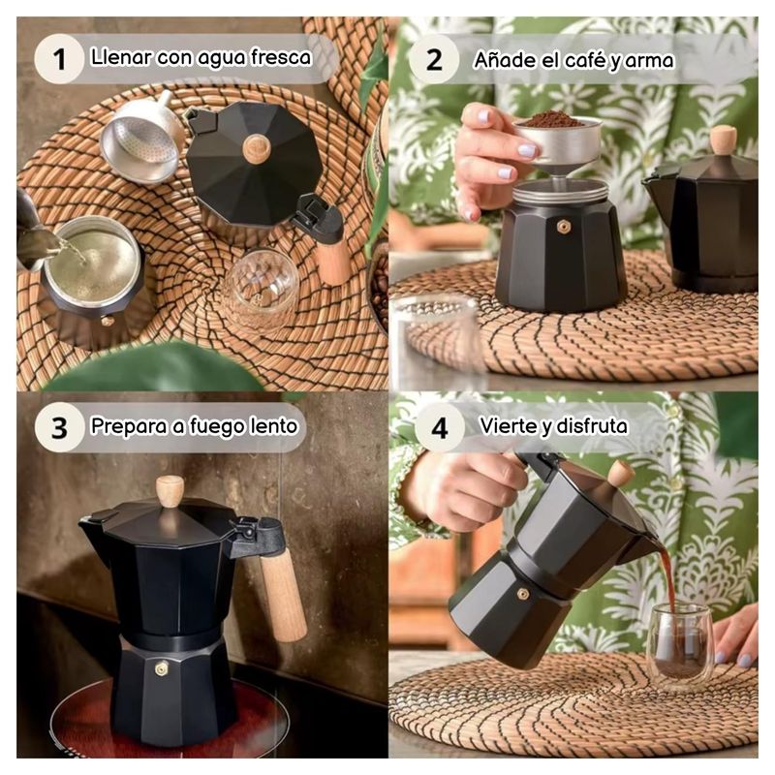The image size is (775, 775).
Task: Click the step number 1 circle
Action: point(59,59)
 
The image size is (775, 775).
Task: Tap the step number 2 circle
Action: point(434,59)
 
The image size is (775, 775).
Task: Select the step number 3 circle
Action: point(59,427)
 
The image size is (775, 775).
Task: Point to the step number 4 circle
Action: point(440,427)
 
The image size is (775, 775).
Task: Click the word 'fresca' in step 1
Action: point(281,57)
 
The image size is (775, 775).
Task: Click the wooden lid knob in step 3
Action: point(170,491)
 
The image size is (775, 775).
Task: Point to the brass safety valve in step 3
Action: point(161,669)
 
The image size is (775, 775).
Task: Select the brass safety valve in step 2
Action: point(563,227)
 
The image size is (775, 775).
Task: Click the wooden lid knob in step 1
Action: point(256,149)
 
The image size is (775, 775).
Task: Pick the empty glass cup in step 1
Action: point(259,290)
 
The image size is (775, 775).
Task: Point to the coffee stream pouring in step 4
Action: point(666,573)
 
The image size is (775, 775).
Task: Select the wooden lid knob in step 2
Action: point(723,139)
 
